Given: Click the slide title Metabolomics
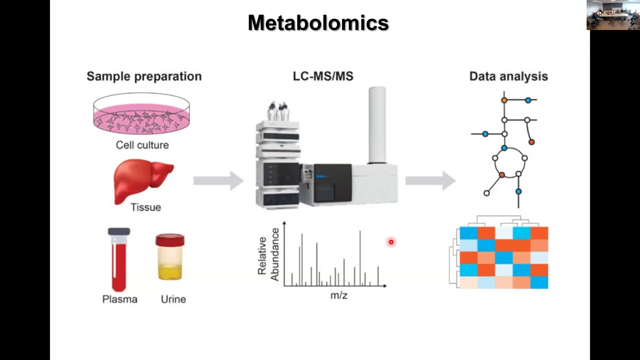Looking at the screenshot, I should point(318,23).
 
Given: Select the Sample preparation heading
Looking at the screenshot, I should point(144,76).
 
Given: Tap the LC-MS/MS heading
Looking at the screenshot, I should point(323,76).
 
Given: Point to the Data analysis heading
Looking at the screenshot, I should point(508,76).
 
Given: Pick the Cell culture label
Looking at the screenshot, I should point(142,145).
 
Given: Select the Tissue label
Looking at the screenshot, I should point(145,207).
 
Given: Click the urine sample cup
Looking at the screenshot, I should point(170,257).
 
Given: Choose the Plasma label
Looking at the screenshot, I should point(119,299).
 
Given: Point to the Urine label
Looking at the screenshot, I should point(173,299).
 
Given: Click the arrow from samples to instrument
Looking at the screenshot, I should point(218,180).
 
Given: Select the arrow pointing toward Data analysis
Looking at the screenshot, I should point(430,180).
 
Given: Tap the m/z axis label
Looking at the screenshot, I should point(338,295).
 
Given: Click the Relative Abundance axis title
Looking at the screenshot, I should point(268,254).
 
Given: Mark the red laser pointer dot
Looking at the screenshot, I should point(391,242).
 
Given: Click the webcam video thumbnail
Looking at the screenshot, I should point(613,15).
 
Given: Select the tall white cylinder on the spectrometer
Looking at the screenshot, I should point(377,125).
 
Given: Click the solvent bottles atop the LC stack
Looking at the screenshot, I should point(278,111).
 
